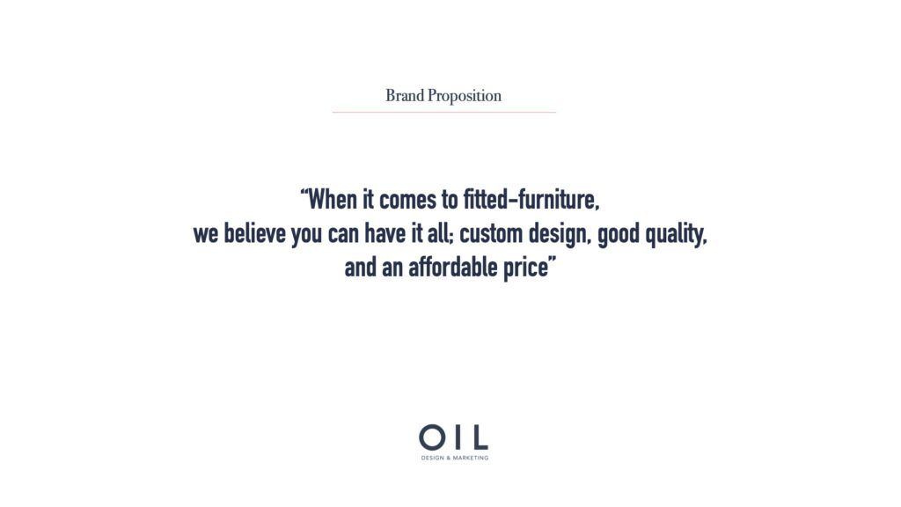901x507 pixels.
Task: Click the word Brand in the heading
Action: point(405,95)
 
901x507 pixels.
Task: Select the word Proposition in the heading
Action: point(465,96)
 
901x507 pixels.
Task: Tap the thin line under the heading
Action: point(444,112)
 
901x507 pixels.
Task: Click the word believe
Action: point(254,233)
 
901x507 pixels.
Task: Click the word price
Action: point(526,268)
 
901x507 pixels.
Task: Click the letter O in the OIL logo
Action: point(431,437)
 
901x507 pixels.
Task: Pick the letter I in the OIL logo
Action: point(456,437)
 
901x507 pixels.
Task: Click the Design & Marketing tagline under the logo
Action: point(455,458)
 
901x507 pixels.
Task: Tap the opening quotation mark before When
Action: point(304,193)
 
